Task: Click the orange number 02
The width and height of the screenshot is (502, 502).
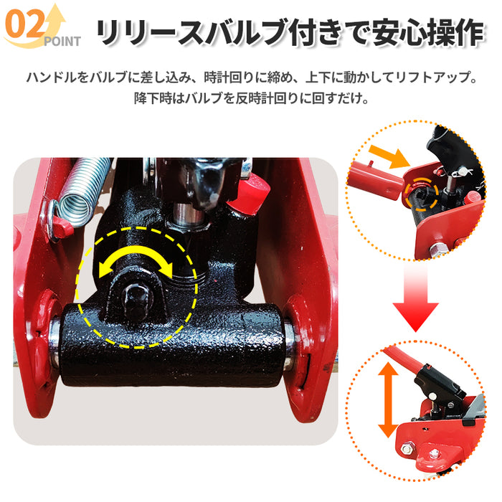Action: point(24,27)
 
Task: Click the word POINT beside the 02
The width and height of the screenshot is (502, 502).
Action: point(62,41)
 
